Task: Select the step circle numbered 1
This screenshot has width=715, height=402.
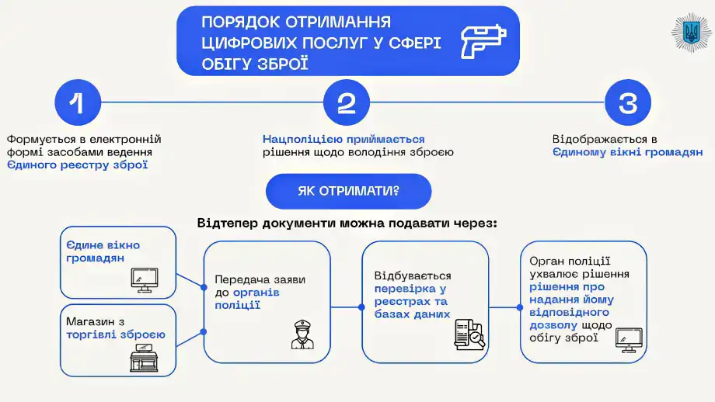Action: tap(77, 102)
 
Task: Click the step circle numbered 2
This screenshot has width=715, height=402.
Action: tap(347, 102)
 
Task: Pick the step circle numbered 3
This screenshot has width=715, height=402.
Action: tap(627, 102)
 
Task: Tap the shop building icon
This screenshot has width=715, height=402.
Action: tap(144, 359)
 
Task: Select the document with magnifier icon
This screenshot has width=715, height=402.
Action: tap(469, 334)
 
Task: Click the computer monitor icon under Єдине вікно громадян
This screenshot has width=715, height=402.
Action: tap(145, 279)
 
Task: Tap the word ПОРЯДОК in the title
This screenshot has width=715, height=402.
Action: tap(237, 22)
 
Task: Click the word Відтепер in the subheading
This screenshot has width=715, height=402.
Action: tap(228, 224)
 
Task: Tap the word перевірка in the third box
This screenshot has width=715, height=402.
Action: tap(404, 289)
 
